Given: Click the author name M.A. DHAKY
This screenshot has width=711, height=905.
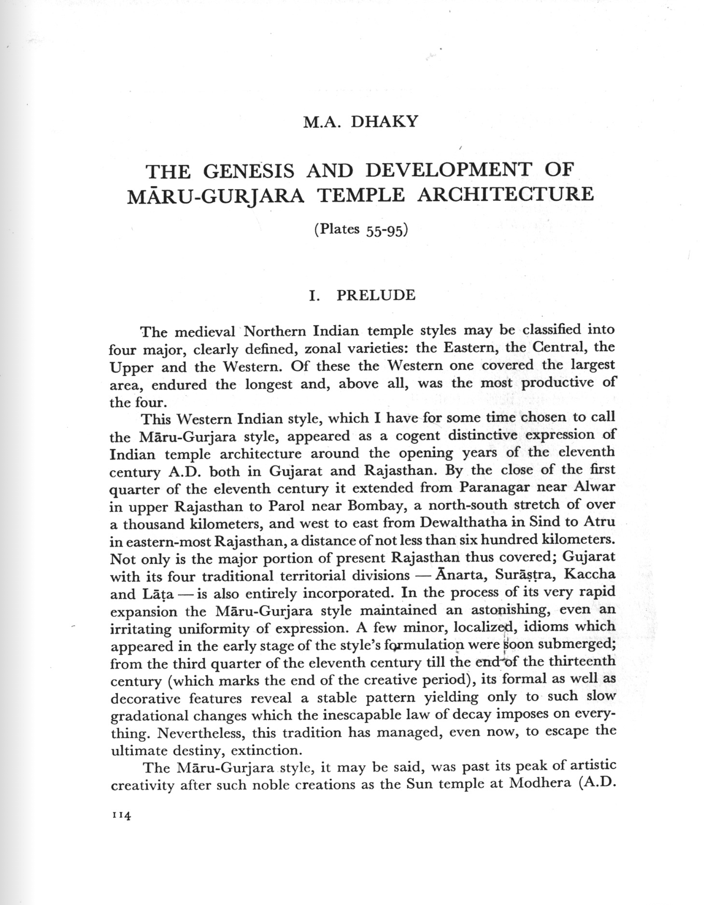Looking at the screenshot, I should (360, 122).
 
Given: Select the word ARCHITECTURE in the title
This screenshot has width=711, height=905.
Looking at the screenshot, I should (505, 194).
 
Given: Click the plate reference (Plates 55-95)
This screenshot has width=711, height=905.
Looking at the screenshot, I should (361, 229).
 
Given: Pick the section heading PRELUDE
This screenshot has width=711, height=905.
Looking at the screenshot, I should (376, 295).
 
